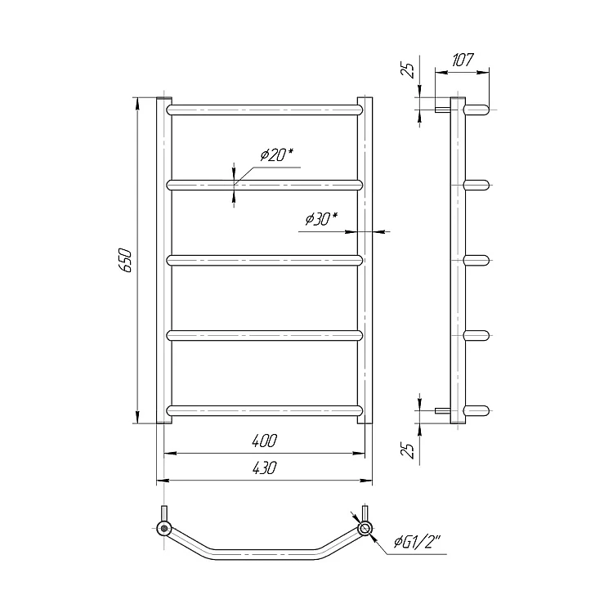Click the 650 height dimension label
(126, 260)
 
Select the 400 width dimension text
(264, 441)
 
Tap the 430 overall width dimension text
(264, 468)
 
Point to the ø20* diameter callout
(277, 155)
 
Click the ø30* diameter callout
(321, 219)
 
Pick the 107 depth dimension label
(463, 60)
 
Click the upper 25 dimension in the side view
(409, 69)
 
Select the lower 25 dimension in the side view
(409, 450)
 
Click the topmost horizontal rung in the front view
(264, 110)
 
